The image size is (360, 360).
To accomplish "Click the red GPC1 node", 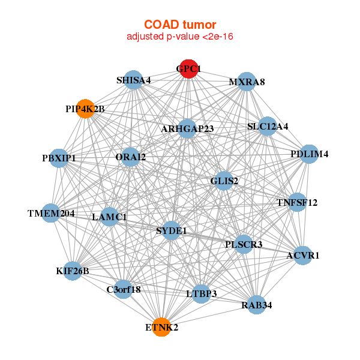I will (x=189, y=69).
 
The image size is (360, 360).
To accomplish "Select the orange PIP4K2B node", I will (x=85, y=109).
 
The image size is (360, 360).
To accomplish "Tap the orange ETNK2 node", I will (x=161, y=328).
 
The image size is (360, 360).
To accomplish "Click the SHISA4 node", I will (x=133, y=80).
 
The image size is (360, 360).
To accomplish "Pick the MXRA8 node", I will (x=247, y=82).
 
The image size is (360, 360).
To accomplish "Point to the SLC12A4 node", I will (x=268, y=127).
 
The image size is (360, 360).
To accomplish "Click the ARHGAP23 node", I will (x=187, y=128).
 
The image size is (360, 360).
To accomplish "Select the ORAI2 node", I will (x=130, y=158).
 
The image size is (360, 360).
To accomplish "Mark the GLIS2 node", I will (x=224, y=181).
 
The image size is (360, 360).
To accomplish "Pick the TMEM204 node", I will (x=51, y=213).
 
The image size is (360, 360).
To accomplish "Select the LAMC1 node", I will (x=109, y=217).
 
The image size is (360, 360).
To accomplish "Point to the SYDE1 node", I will (x=172, y=230).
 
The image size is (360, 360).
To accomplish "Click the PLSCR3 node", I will (x=244, y=244).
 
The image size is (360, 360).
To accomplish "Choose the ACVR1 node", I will (x=303, y=256).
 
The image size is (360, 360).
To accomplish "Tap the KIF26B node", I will (x=73, y=271).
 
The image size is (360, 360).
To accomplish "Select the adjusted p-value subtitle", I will (x=180, y=37).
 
